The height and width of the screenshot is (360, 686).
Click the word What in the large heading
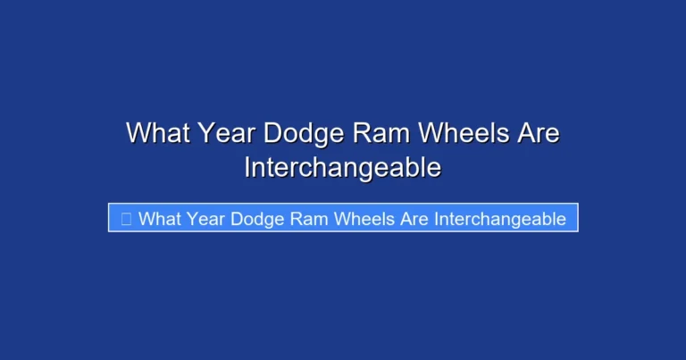(x=156, y=133)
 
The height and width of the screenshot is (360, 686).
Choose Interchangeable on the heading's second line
(x=343, y=167)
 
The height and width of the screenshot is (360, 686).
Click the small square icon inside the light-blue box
(x=126, y=218)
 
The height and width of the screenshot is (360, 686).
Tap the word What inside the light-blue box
(x=160, y=218)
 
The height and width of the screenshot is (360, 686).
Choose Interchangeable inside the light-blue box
(x=500, y=218)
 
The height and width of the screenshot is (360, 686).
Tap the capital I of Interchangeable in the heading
(x=247, y=166)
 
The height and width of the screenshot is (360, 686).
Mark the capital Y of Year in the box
(x=193, y=218)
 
